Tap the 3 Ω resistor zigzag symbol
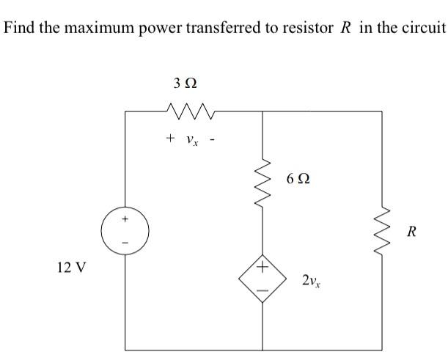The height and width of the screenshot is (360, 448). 189,111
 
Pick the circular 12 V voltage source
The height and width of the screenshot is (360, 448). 126,230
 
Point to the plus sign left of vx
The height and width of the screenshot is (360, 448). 169,137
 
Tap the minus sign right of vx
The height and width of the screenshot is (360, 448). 211,137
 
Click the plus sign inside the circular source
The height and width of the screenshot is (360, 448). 125,218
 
